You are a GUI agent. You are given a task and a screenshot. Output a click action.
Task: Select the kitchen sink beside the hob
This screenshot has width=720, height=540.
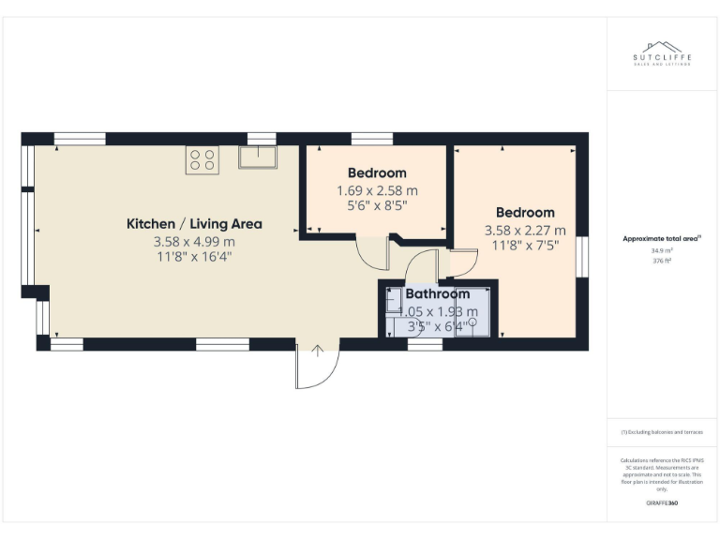[258, 157]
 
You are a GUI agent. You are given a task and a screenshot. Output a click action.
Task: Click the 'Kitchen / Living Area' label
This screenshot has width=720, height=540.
[194, 224]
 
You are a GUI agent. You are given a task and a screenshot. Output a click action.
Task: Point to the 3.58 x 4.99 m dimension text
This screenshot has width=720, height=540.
[194, 241]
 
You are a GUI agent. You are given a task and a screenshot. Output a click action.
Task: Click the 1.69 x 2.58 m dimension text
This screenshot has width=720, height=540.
[377, 189]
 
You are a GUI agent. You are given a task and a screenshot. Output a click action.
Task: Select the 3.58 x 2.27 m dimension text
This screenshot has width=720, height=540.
[525, 230]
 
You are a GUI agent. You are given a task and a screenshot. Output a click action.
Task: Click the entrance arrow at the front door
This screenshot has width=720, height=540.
[318, 352]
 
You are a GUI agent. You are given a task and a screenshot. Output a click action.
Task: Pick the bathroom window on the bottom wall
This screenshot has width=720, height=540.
[425, 344]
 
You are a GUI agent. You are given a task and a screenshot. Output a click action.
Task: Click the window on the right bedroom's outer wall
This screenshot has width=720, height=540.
[582, 258]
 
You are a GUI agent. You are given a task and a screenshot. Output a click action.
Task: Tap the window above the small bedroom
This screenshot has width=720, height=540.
[371, 139]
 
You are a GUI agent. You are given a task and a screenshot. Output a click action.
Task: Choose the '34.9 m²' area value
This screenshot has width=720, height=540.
[661, 251]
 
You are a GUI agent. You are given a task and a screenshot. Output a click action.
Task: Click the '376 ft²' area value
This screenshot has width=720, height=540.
[661, 262]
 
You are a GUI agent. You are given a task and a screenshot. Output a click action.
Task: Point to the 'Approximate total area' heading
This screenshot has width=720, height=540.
[661, 239]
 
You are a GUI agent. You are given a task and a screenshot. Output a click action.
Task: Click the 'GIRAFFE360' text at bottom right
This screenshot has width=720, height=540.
[662, 503]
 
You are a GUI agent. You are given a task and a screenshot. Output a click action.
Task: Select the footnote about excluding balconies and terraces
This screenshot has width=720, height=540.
[661, 432]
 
